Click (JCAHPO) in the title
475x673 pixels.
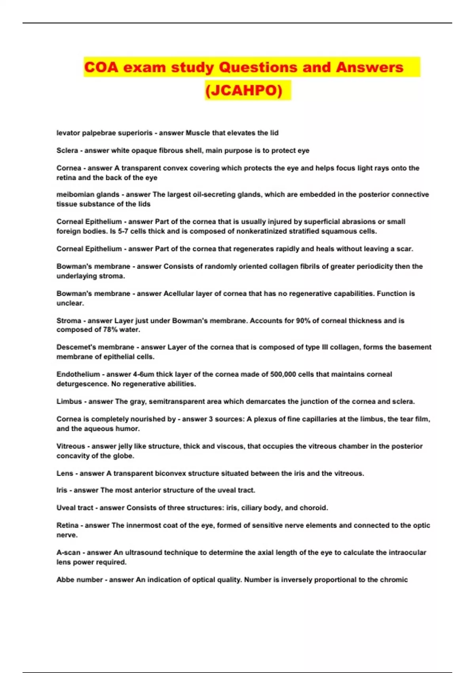point(244,91)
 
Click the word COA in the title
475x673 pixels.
point(101,67)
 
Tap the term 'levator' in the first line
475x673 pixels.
point(68,133)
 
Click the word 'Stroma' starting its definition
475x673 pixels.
point(69,321)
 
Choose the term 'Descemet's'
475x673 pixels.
point(76,347)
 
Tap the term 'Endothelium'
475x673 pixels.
point(78,374)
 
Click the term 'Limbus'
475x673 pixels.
point(69,401)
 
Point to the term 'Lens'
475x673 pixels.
point(65,473)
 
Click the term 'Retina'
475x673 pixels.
point(67,525)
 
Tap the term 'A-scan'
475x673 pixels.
point(68,552)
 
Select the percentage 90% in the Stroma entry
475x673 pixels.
point(303,321)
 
